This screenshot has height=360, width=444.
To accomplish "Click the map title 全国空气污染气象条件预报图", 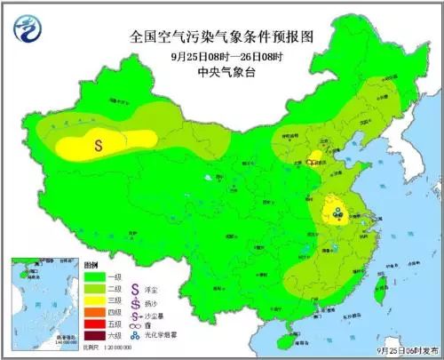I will click(221, 36).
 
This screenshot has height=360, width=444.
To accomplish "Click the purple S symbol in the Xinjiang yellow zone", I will click(99, 140).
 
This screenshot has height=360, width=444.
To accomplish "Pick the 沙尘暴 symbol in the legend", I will click(135, 313).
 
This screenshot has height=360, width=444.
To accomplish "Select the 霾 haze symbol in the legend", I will click(135, 324).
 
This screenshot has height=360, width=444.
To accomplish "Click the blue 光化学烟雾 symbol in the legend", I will click(135, 335).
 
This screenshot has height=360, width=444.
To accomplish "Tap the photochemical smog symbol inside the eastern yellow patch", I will click(338, 212).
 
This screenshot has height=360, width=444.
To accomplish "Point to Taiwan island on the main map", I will click(378, 285).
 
